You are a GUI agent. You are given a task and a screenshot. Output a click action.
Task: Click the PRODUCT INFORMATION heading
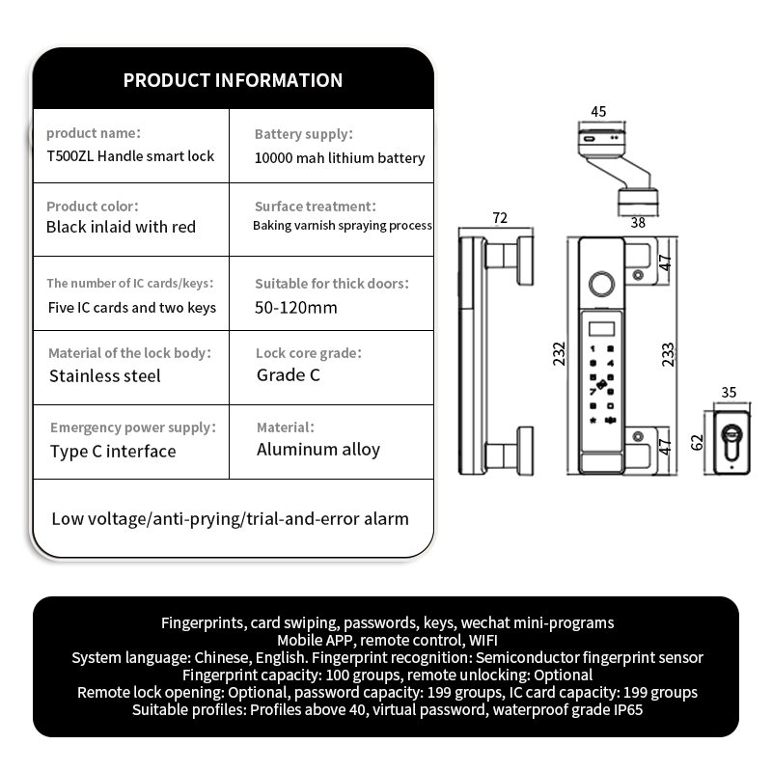(233, 80)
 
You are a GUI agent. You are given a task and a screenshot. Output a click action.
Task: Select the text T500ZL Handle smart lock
(130, 155)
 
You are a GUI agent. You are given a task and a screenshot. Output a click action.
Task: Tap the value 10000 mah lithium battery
(340, 158)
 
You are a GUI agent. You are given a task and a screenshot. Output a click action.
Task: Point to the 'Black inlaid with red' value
(121, 227)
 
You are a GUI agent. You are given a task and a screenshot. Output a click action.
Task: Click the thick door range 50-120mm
(296, 308)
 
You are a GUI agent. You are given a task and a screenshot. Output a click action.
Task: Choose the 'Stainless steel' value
(105, 375)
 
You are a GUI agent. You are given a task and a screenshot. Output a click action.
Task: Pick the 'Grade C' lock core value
(289, 374)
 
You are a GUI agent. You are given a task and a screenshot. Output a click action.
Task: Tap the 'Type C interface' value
(113, 451)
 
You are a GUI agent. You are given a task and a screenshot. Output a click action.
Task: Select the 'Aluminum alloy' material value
(318, 449)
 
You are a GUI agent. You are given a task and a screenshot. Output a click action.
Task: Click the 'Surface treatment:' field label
(315, 207)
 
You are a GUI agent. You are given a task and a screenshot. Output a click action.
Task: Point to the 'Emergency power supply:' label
(133, 427)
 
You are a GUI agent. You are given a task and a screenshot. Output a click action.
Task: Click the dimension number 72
(500, 218)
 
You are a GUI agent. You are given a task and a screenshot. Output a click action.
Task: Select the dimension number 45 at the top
(598, 111)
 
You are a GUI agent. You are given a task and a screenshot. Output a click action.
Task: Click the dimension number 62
(697, 443)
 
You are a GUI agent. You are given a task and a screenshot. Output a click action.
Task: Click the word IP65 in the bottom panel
(623, 709)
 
